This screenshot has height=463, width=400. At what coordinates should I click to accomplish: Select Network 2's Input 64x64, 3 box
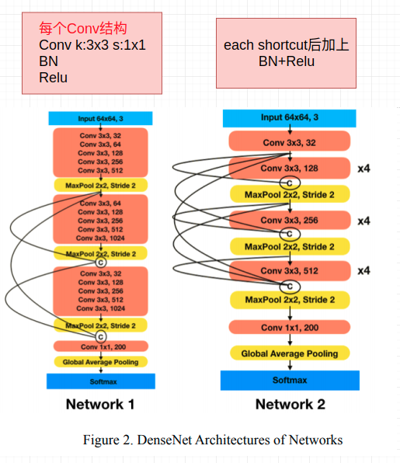[x=289, y=117]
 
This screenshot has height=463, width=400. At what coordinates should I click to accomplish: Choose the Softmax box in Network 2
[x=289, y=380]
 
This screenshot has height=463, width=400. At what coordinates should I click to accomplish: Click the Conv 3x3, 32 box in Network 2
[x=289, y=142]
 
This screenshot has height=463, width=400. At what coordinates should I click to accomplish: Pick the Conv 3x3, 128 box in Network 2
[x=289, y=168]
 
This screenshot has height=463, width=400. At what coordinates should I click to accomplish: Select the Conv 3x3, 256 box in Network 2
[x=289, y=221]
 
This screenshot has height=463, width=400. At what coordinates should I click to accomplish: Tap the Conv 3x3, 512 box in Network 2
[x=289, y=271]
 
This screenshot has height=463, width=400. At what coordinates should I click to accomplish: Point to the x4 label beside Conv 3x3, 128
[x=363, y=168]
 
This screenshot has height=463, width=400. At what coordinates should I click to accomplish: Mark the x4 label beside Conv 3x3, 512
[x=363, y=271]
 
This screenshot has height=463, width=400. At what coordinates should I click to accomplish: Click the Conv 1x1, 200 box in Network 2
[x=289, y=327]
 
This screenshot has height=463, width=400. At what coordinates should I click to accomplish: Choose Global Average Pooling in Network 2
[x=289, y=353]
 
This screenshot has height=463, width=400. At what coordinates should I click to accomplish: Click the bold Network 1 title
[x=100, y=404]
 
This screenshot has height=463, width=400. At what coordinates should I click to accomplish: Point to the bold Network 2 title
[x=290, y=404]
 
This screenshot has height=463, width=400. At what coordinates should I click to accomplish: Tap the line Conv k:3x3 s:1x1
[x=92, y=45]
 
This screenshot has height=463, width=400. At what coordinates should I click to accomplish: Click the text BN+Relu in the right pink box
[x=286, y=61]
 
